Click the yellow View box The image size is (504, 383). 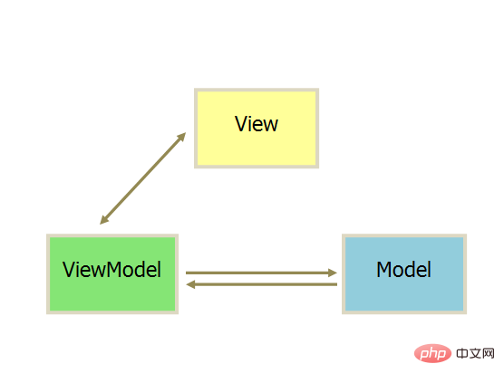point(257,128)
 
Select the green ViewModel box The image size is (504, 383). point(112,273)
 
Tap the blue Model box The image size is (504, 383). point(404,273)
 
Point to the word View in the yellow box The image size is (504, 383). point(257,124)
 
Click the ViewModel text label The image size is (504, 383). point(111,269)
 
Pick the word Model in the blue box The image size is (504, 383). point(403,269)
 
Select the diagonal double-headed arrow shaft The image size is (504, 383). point(142,178)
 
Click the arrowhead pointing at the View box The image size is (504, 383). point(182,137)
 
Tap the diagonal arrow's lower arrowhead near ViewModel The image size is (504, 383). point(104,220)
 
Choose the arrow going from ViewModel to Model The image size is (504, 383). point(261,273)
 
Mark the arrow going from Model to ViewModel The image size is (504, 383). point(261,284)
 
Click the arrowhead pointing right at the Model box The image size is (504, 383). point(333,273)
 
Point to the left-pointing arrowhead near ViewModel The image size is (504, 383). point(190,284)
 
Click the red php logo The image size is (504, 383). point(432,353)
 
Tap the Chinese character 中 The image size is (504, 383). point(462,353)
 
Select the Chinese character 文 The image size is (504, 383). point(475,353)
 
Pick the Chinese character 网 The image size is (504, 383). point(489,353)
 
